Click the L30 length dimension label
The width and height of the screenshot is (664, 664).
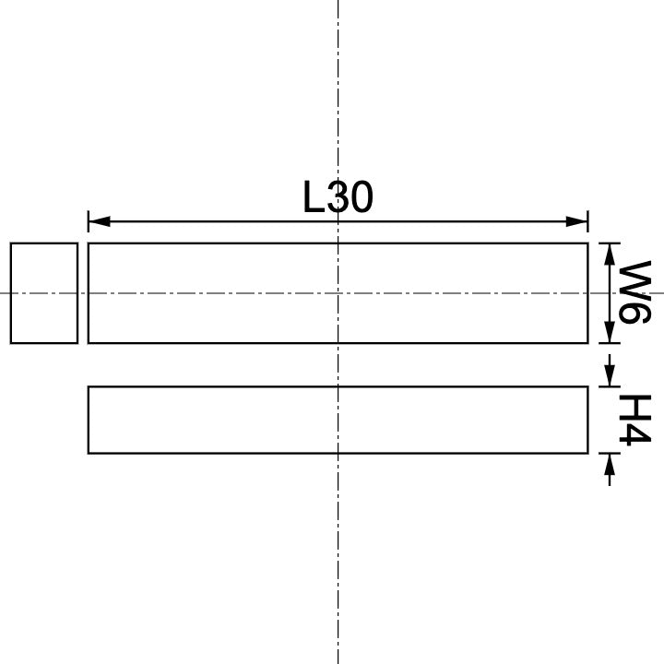point(338,197)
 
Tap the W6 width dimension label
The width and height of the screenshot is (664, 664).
point(634,292)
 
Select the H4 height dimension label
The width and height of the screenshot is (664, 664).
point(634,420)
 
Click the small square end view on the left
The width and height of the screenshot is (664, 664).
point(44,293)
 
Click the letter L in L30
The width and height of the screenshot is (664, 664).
point(314,197)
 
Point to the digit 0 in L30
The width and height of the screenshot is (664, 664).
point(361,197)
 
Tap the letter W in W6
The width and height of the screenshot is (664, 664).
point(634,279)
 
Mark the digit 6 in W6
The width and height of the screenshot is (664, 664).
point(634,313)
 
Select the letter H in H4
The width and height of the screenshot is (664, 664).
point(634,407)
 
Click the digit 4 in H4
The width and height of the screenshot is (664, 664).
point(634,434)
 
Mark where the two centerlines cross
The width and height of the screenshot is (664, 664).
point(338,293)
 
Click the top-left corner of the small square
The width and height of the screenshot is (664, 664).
point(11,243)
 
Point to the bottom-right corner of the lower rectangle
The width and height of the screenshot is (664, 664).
point(587,453)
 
